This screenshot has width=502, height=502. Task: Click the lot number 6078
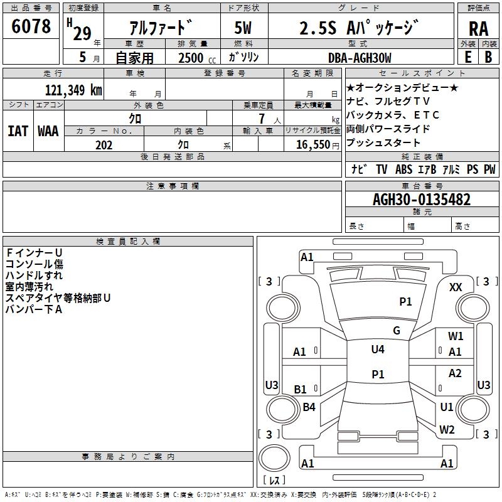31,26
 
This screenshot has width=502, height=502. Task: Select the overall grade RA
478,29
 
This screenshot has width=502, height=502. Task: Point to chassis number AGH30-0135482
421,200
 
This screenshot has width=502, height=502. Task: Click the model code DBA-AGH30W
360,58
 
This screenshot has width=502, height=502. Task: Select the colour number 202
104,145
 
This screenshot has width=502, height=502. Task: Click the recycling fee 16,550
312,145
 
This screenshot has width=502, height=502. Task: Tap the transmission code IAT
18,131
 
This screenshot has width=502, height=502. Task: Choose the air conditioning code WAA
48,131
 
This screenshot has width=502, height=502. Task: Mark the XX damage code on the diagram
456,287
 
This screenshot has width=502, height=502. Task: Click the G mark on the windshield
397,331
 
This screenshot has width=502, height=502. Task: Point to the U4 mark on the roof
377,350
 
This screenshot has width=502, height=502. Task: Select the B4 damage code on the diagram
309,407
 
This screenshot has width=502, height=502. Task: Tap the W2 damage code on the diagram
447,429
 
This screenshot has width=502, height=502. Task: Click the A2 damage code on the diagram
455,373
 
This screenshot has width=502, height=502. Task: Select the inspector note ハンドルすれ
34,275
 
